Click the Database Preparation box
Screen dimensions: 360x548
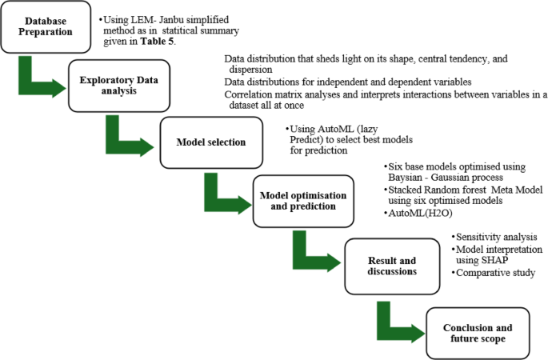pos(45,26)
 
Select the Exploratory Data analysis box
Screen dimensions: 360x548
pos(115,86)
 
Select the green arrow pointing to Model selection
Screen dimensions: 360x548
pos(129,139)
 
